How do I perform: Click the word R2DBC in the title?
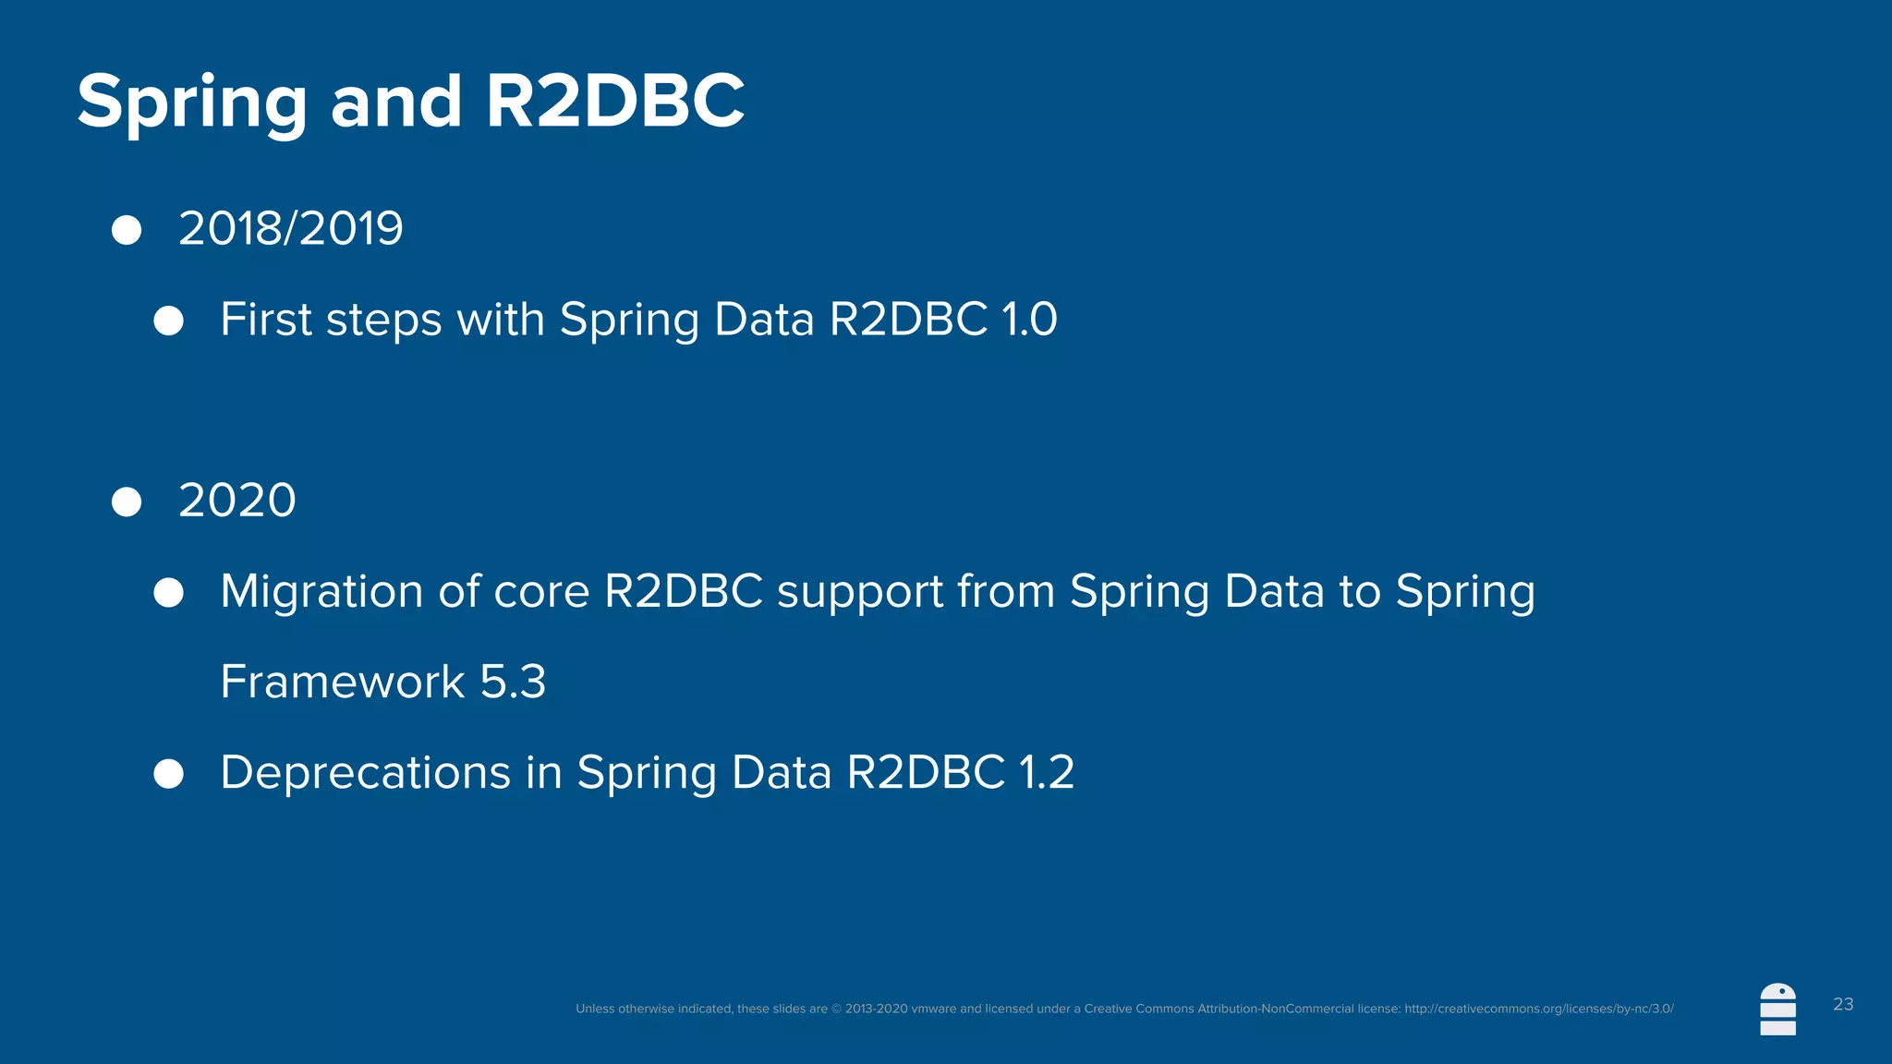[614, 101]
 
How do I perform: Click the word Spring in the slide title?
[191, 103]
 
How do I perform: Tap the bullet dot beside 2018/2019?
[127, 230]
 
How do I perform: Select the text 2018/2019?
[290, 228]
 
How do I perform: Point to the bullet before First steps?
[168, 320]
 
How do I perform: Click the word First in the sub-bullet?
[266, 320]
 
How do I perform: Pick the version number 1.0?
[1029, 320]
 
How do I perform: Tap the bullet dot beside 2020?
[127, 502]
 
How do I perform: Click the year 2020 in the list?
[236, 501]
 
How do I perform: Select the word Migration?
[321, 592]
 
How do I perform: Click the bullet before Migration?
[168, 592]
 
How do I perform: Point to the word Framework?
[342, 683]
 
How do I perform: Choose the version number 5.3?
[513, 683]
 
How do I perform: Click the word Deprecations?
[365, 773]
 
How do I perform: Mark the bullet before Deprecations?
[168, 773]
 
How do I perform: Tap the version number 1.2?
[1046, 773]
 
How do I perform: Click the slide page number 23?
[1843, 1004]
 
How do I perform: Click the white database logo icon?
[1777, 1010]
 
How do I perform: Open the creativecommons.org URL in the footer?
[1538, 1009]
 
